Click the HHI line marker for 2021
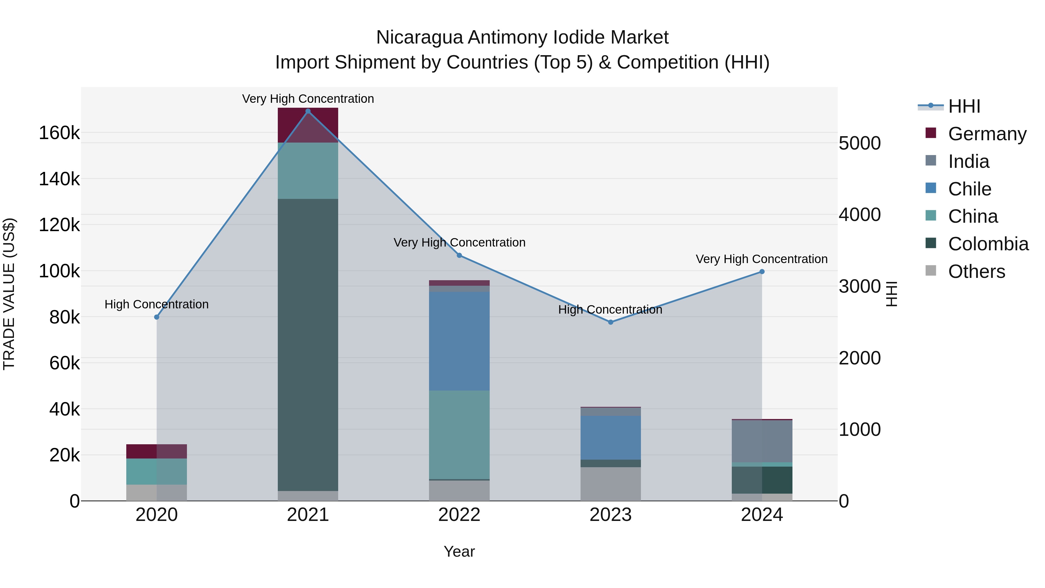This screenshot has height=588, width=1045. tap(308, 111)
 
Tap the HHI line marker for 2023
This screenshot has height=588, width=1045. tap(610, 322)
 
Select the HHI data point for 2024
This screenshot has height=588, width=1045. tap(762, 272)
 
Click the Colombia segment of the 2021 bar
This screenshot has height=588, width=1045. tap(308, 345)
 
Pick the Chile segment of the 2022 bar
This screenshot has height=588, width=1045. tap(459, 341)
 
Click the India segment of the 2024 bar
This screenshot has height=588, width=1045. tap(762, 441)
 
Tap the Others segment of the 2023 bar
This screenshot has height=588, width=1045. tap(610, 484)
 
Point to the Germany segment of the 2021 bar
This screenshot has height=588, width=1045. tap(308, 125)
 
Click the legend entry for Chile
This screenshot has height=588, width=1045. tap(970, 189)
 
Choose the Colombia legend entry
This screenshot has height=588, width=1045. tap(988, 244)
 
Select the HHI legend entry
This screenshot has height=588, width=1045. tap(964, 106)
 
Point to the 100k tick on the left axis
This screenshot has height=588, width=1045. tap(59, 271)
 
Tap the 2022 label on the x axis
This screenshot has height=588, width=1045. tap(459, 515)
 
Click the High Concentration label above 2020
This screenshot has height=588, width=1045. tap(156, 304)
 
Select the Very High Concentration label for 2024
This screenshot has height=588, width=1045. tap(761, 259)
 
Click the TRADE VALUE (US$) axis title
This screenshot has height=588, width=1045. tap(9, 294)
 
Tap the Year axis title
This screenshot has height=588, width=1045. tap(459, 551)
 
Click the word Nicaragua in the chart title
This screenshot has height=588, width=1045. tap(419, 37)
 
